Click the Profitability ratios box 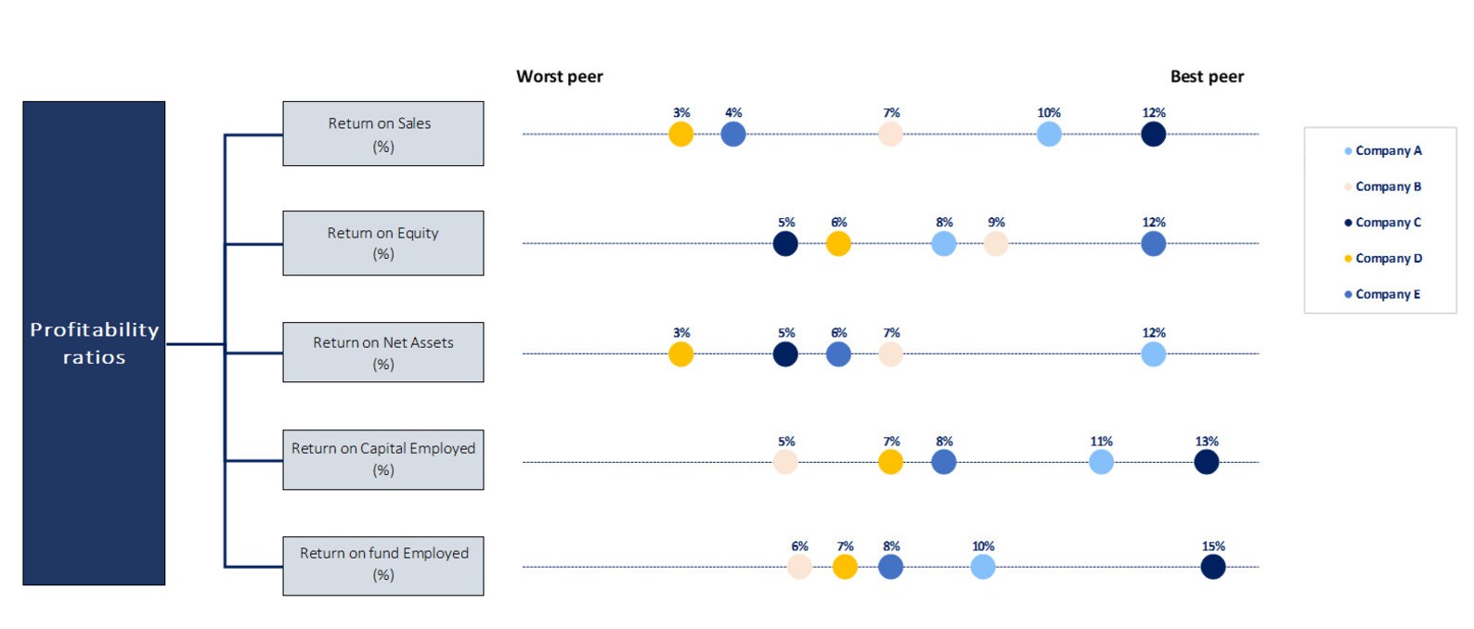(94, 343)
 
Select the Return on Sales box (382, 134)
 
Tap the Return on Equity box (382, 243)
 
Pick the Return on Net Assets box (382, 353)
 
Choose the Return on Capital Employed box (382, 459)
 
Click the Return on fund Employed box (382, 565)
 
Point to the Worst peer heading (559, 76)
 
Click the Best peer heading (1207, 76)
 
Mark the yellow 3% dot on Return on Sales (680, 134)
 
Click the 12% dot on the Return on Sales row (1153, 134)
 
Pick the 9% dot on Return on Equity (996, 244)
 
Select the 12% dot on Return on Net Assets (1153, 353)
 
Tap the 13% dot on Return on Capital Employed (1206, 461)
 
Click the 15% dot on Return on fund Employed (1212, 566)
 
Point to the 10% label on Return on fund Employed (983, 546)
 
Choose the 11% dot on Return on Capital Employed (1101, 461)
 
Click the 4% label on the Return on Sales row (733, 113)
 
